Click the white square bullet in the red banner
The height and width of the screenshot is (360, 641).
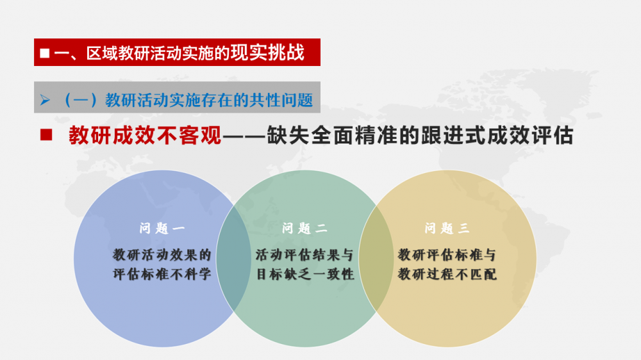(45, 53)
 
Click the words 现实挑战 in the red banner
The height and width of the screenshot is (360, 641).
(268, 53)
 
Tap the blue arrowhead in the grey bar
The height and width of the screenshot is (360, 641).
(45, 99)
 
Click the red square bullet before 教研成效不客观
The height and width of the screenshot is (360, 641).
(46, 135)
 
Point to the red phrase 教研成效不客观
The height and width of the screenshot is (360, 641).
(145, 135)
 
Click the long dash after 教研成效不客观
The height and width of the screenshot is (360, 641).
(244, 136)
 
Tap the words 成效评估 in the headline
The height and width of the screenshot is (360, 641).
(530, 135)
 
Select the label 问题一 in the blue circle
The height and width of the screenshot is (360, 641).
(162, 228)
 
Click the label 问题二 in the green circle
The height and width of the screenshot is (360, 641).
(304, 228)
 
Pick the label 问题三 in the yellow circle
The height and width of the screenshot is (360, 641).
(447, 228)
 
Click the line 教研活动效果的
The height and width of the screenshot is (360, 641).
(162, 255)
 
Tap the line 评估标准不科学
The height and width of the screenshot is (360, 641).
(162, 274)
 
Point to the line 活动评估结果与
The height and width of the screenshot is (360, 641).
(304, 255)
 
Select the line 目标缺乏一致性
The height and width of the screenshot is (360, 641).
(304, 274)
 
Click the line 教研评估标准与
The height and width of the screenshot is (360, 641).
(447, 255)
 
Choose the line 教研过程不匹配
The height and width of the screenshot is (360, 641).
(447, 274)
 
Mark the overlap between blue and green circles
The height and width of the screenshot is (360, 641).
(233, 259)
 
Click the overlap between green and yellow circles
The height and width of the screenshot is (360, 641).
(376, 259)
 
